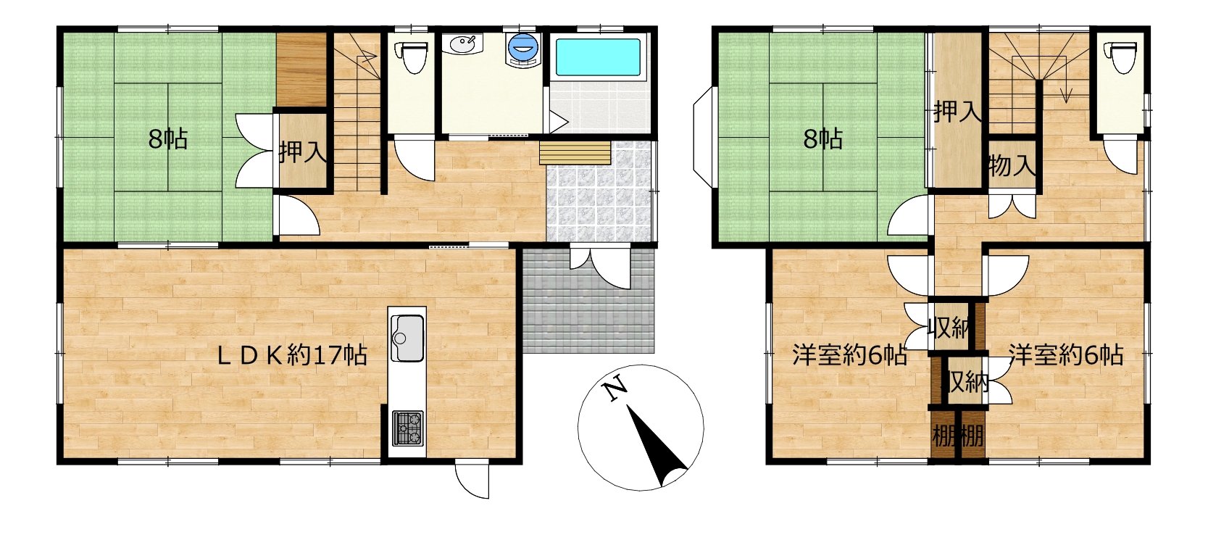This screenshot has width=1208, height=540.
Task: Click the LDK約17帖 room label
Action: [292, 355]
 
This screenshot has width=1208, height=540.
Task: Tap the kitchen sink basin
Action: [407, 338]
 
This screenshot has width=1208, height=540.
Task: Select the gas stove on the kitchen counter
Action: [408, 428]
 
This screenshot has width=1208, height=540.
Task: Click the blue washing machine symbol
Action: [522, 49]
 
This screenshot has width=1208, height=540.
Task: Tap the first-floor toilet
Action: [412, 53]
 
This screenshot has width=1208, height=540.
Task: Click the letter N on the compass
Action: [615, 390]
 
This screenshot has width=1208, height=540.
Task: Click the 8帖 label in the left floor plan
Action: [168, 140]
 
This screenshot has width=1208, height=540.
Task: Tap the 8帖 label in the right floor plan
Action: [823, 140]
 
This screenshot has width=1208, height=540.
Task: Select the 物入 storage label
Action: [1012, 165]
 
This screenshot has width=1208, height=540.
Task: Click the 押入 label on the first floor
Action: [302, 153]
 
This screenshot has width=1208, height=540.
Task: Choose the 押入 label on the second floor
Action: [958, 112]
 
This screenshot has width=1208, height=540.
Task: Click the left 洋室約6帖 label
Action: [849, 355]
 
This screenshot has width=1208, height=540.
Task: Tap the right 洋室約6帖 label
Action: [1067, 355]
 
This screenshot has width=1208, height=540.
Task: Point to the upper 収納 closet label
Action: [950, 328]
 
